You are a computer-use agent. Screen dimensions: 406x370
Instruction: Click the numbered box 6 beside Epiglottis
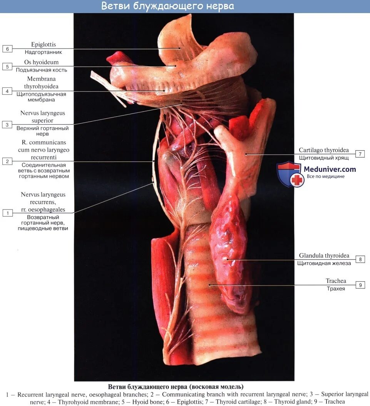tap(7, 49)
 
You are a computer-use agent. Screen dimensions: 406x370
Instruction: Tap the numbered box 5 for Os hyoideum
tap(7, 67)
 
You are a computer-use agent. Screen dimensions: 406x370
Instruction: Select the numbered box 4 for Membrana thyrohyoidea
tap(7, 91)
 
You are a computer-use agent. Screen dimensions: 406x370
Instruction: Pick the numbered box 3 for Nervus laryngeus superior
tap(7, 124)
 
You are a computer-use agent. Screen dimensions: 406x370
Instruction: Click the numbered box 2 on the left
tap(7, 161)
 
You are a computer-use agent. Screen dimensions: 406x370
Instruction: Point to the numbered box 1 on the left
tap(7, 213)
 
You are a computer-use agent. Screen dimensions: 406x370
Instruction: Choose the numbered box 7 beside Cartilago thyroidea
tap(360, 154)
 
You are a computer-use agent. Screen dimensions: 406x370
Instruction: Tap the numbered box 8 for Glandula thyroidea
tap(360, 259)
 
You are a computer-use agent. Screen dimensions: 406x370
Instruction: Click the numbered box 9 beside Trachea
tap(360, 285)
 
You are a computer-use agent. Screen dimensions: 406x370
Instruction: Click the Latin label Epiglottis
tap(44, 45)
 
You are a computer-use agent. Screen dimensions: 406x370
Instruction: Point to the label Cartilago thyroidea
tap(324, 150)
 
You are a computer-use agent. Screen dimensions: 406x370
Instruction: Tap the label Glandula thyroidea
tap(324, 255)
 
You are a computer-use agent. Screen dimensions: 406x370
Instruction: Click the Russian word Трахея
tap(335, 289)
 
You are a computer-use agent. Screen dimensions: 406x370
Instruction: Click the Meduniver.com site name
tap(330, 169)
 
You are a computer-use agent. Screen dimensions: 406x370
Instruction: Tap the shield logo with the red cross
tap(290, 174)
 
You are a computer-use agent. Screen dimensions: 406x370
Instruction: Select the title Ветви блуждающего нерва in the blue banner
tap(167, 7)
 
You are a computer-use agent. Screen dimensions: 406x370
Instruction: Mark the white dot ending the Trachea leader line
tap(210, 285)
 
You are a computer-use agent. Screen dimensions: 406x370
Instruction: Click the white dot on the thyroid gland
tap(228, 259)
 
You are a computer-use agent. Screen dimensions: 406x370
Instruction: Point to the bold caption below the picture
tap(176, 386)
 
